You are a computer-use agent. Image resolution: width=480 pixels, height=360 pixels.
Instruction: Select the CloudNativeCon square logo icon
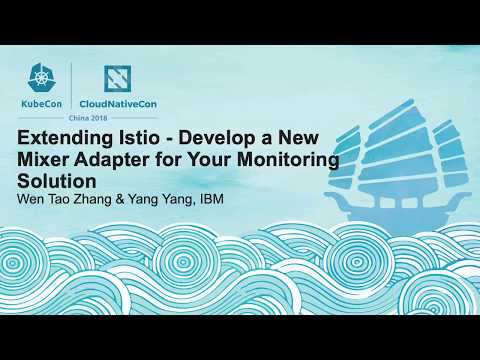(122, 80)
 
